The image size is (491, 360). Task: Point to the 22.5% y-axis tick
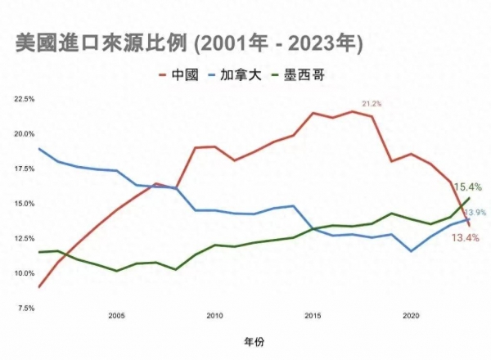(25, 99)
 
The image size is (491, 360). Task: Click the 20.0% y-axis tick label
(25, 134)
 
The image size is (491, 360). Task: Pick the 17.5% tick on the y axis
(25, 169)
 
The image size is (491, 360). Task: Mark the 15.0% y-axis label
(25, 204)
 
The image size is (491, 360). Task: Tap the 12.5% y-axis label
(25, 238)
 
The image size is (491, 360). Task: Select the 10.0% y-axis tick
(25, 273)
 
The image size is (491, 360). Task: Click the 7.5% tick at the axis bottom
(26, 308)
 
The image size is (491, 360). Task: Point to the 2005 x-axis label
(116, 316)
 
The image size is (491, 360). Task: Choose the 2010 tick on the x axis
(214, 316)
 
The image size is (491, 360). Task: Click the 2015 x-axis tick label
(313, 316)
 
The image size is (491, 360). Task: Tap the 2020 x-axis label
(411, 316)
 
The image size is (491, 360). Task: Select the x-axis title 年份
(254, 341)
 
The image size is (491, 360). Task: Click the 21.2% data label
(372, 104)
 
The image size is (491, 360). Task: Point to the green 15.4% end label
(466, 187)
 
